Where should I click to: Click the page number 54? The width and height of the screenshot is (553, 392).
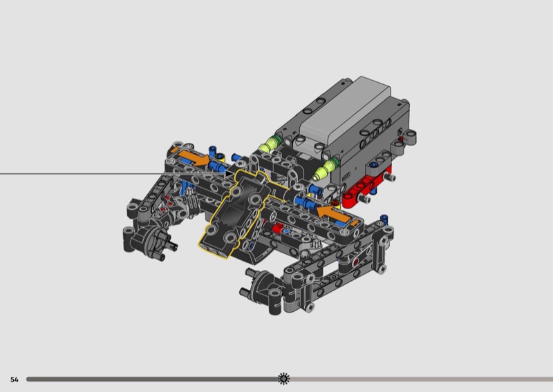(14, 380)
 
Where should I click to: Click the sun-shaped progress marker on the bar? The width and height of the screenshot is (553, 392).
(283, 379)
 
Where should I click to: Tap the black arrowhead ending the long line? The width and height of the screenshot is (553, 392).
(229, 174)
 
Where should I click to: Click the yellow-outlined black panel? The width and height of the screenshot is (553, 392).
(236, 215)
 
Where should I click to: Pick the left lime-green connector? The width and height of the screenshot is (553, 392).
(268, 145)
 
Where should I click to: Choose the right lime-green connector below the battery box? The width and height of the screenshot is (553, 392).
(325, 168)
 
